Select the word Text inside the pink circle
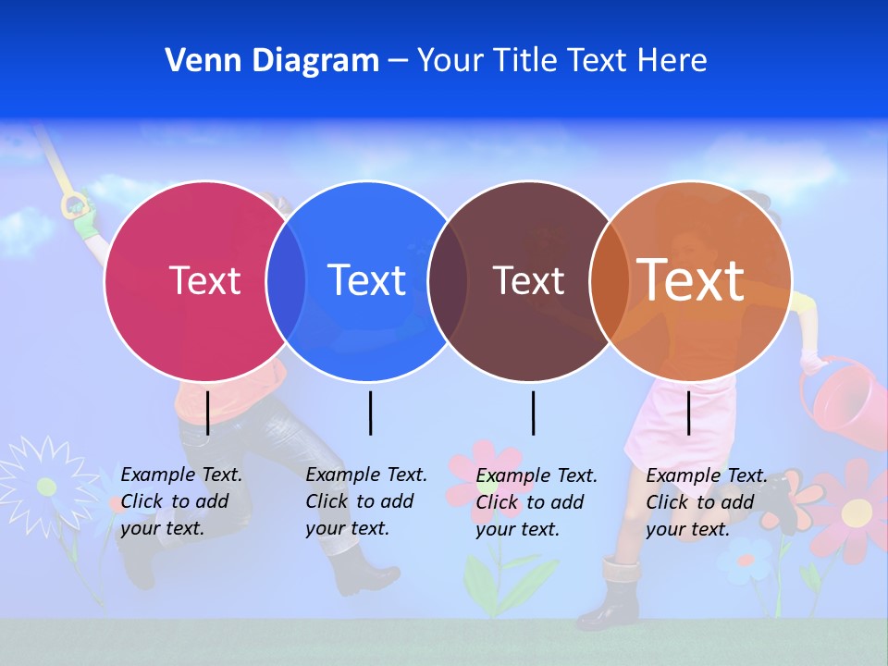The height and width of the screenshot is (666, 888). point(204,280)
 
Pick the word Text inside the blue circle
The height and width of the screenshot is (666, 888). point(367,280)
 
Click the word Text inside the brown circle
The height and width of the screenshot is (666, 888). point(528,280)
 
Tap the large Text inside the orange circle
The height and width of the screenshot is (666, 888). point(691,279)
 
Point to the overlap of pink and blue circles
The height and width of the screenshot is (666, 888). point(286,280)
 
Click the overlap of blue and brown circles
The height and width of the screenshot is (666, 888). point(448,280)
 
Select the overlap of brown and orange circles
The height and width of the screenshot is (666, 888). point(610,280)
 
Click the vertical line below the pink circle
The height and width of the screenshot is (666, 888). point(208,413)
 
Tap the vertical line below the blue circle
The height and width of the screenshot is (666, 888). point(370,413)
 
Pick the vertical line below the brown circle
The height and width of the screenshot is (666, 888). point(533,413)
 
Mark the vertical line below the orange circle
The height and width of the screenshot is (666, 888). point(689,413)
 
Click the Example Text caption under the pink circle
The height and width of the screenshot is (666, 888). point(180,501)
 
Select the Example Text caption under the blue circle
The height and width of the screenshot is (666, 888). point(365,501)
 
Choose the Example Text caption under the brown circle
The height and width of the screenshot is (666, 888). point(536,502)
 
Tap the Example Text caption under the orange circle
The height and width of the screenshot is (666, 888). point(706,502)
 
